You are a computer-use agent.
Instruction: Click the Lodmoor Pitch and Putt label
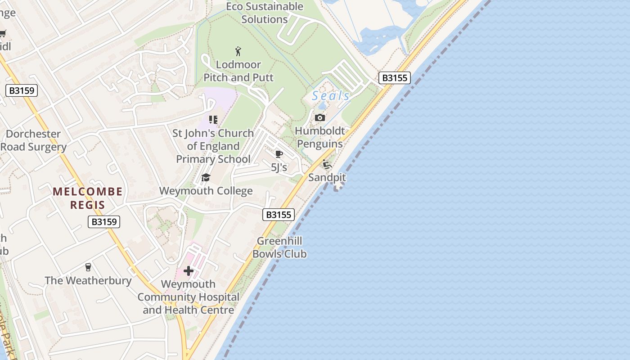238,71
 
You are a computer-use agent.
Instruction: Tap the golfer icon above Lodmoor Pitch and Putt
238,51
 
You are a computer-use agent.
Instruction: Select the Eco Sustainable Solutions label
265,13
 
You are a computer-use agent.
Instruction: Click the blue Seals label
331,96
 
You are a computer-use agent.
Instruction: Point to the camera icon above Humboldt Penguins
320,118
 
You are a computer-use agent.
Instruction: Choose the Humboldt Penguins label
320,137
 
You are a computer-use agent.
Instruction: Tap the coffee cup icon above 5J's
279,154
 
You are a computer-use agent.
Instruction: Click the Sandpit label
327,177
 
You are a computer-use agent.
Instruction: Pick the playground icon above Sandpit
327,164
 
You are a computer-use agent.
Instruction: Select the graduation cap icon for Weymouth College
206,177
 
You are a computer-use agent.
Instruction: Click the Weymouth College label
206,191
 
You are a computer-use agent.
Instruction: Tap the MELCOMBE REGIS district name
88,198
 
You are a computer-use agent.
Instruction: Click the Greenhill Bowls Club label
279,247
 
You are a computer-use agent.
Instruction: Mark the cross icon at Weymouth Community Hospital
189,271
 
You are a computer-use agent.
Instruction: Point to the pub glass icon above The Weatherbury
88,267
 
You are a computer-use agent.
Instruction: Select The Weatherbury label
88,281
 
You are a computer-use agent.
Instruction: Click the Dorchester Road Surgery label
33,140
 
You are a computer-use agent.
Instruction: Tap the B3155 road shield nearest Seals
394,78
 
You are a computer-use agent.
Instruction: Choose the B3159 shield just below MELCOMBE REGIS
104,221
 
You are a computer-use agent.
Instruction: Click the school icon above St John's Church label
213,120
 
